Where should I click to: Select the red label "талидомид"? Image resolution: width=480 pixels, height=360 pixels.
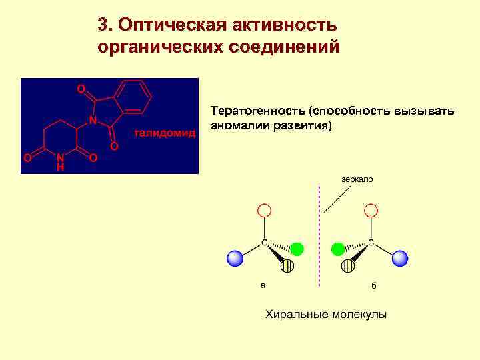[x=165, y=133]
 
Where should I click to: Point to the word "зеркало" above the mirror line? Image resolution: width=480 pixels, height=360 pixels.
[x=357, y=179]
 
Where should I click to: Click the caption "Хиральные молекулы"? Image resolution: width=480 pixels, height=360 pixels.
[x=326, y=314]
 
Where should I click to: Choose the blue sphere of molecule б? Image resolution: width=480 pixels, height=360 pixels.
[x=399, y=258]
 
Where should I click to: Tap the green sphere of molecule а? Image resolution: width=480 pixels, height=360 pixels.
[x=297, y=249]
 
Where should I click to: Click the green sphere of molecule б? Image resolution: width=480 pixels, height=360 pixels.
[x=338, y=249]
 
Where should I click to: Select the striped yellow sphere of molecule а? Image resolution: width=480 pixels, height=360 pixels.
[x=287, y=267]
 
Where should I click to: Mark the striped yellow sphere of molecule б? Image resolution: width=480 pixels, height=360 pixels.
[x=347, y=267]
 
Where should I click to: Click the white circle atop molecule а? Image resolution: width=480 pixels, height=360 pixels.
[x=264, y=211]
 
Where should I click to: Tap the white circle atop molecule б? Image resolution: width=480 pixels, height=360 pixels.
[x=371, y=211]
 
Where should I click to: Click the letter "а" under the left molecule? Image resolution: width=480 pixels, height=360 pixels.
[x=263, y=285]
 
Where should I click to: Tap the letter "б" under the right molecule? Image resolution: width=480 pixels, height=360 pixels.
[x=374, y=285]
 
